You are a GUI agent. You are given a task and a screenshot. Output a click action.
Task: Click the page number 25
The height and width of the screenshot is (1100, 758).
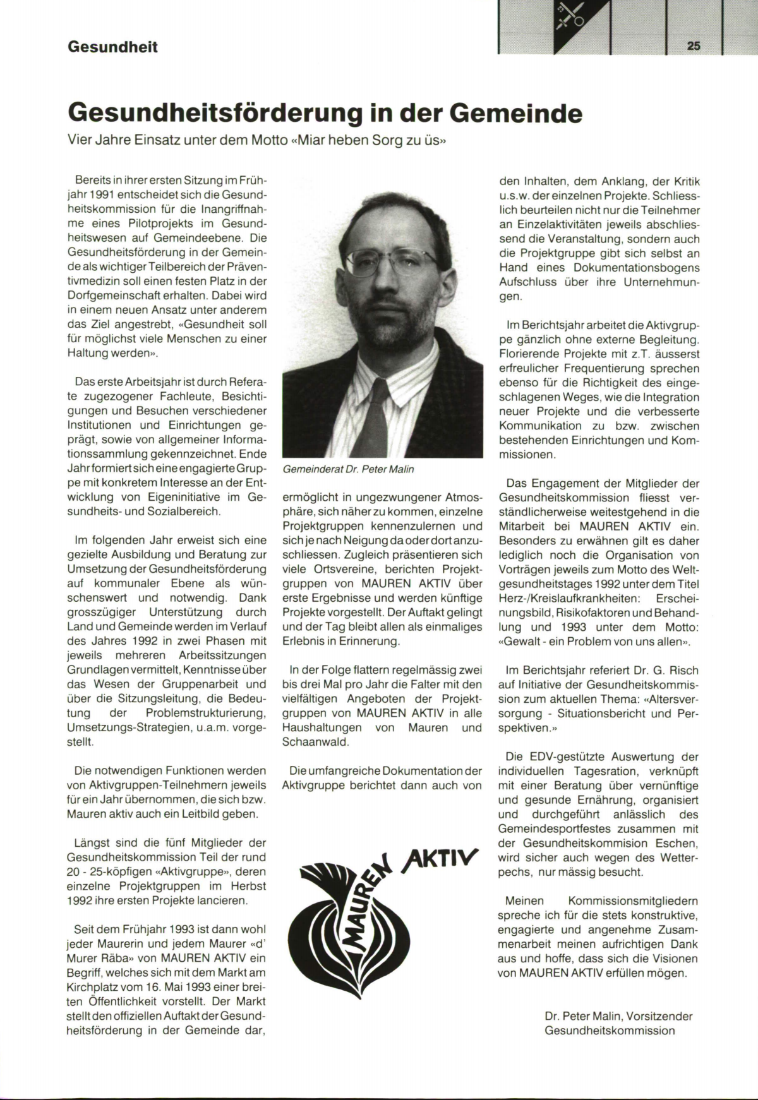click(694, 46)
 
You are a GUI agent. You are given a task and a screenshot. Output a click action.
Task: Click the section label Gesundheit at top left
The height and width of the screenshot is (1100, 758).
click(112, 47)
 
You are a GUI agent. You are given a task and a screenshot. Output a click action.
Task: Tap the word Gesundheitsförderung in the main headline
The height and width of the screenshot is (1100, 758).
click(215, 114)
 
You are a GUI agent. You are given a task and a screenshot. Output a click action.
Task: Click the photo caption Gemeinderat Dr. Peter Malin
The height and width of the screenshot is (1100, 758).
click(349, 469)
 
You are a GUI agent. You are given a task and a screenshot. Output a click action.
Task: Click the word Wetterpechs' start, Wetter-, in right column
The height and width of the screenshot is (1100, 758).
click(676, 858)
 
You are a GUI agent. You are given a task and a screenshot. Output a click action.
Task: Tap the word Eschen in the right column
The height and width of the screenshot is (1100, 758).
click(681, 843)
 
